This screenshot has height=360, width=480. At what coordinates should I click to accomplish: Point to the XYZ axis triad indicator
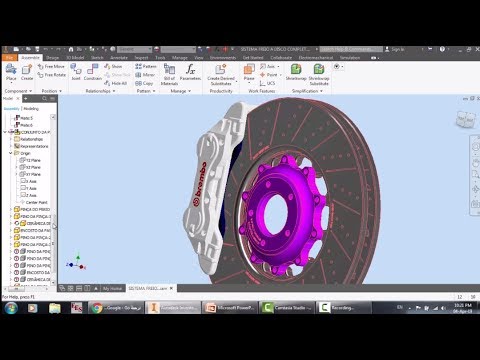click(x=76, y=263)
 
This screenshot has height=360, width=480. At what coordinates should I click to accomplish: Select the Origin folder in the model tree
click(x=22, y=153)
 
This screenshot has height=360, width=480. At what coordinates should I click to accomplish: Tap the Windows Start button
click(x=10, y=308)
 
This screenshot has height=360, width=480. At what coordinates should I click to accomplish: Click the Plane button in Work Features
click(x=249, y=74)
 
